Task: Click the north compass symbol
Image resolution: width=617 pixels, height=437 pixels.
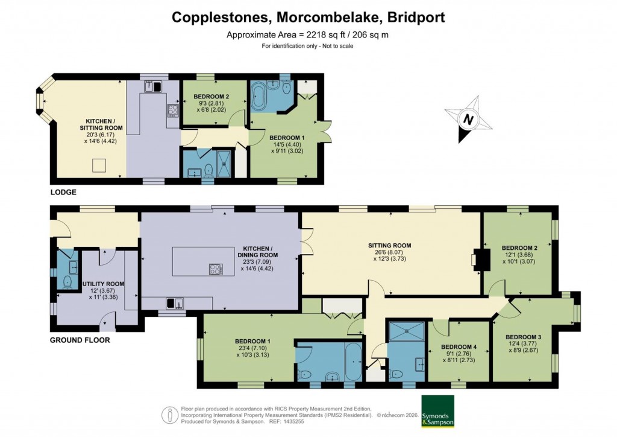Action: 468,118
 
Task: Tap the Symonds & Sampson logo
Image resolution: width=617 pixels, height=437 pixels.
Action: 437,412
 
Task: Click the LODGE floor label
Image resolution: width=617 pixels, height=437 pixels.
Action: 63,192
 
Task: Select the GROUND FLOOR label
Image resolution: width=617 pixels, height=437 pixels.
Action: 80,340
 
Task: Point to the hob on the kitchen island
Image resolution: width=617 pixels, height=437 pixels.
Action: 216,269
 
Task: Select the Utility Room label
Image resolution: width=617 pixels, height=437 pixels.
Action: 107,284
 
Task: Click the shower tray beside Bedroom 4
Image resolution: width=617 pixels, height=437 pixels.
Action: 407,333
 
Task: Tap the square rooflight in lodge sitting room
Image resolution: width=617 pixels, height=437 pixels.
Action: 98,165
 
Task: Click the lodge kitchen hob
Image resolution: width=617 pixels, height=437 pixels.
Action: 173,110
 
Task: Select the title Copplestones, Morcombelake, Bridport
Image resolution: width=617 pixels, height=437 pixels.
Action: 308,17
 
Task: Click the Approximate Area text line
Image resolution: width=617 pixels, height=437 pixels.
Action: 308,34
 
